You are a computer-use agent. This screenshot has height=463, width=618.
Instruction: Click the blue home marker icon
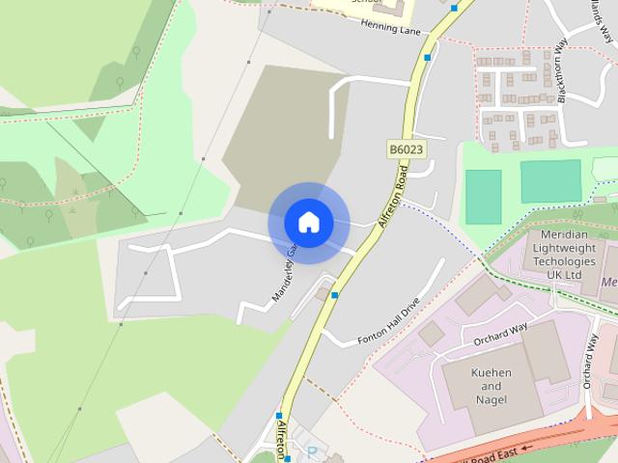[308, 222]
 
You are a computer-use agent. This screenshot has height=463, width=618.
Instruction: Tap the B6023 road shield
[407, 150]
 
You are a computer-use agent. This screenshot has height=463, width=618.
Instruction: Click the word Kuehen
[491, 372]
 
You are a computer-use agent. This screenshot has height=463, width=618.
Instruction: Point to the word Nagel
[491, 399]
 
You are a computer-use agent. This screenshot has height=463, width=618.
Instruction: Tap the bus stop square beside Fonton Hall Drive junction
[334, 294]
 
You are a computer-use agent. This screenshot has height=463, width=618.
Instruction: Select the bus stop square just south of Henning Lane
[426, 57]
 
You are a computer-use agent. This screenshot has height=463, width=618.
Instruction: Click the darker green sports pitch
[484, 197]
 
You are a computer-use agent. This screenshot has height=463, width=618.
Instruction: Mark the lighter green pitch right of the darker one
[550, 181]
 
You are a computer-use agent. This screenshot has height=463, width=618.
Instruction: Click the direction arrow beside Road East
[526, 449]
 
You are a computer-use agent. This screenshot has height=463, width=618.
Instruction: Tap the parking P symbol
[311, 450]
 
